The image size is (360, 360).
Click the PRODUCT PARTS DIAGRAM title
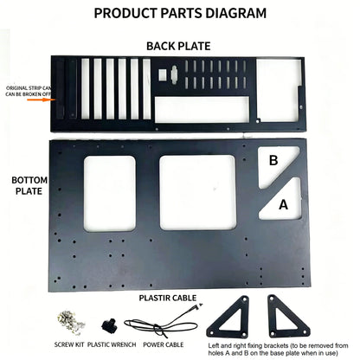[x=180, y=13]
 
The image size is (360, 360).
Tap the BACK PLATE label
[x=178, y=46]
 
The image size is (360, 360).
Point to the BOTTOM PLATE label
[x=29, y=185]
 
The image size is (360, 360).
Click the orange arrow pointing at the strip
[x=41, y=100]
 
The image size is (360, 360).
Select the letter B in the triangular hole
[x=273, y=160]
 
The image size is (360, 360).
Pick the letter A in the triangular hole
[x=283, y=205]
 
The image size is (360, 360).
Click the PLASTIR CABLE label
[x=168, y=298]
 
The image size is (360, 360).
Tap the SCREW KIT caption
[x=69, y=344]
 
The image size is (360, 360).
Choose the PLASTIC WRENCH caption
[x=112, y=344]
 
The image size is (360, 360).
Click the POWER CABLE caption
[x=164, y=344]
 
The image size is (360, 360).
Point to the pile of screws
[x=71, y=323]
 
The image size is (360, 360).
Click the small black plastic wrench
[x=109, y=325]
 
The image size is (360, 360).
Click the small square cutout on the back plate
[x=163, y=74]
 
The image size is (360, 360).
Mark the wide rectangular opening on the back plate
[x=202, y=110]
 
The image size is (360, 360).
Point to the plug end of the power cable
[x=199, y=305]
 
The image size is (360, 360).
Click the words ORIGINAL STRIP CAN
[x=29, y=88]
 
